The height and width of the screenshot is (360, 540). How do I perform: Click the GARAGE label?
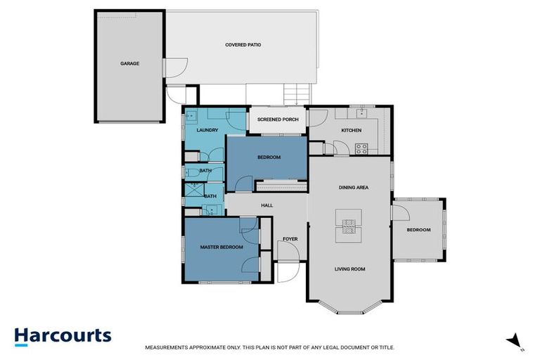pos(129,63)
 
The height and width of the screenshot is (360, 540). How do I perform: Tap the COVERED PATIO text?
pos(243,44)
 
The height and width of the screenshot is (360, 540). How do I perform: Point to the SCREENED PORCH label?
pos(278,120)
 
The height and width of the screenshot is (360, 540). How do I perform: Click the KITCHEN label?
pos(351,131)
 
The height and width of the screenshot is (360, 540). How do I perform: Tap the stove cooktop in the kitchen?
pos(361,148)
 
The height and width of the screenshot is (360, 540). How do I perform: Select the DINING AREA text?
pos(354,188)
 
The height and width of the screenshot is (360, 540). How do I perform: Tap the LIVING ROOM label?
pos(349,269)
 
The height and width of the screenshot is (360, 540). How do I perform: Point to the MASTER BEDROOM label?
pos(221,247)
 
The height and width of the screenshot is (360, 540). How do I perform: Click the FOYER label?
pos(290,239)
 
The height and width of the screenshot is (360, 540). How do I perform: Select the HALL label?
pos(266,205)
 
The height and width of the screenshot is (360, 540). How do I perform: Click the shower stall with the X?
pos(192,188)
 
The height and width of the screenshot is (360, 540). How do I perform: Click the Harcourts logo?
pos(63,335)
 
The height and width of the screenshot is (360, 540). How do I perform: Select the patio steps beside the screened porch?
pos(295,93)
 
